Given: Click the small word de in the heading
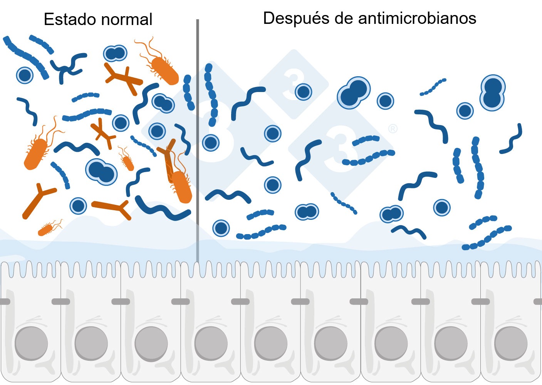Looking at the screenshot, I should click(344, 18).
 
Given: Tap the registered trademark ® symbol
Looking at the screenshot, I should click(393, 129).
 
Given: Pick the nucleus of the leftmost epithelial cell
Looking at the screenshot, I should click(31, 343).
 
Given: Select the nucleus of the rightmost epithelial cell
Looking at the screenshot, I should click(511, 343).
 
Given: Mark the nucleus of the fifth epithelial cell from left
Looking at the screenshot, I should click(271, 343).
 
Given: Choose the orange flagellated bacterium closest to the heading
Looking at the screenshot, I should click(164, 69).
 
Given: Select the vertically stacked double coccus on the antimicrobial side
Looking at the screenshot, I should click(492, 93).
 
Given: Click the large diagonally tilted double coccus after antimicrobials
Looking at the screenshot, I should click(354, 92).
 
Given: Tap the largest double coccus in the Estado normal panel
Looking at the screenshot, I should click(101, 172).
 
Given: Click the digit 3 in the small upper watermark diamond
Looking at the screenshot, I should click(293, 83).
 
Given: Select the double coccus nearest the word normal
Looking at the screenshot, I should click(115, 54).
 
